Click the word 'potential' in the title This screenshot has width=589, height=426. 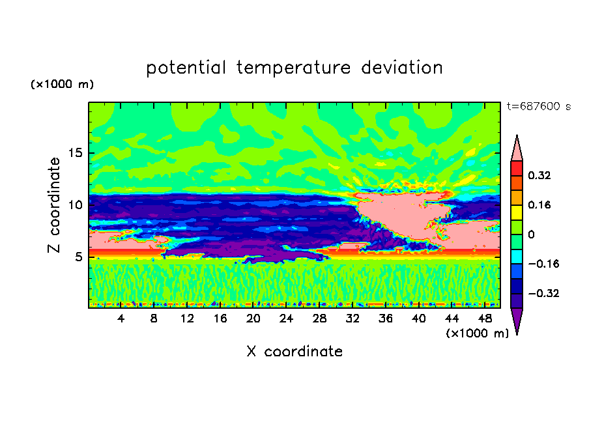tap(186, 68)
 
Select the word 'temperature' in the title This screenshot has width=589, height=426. tap(293, 68)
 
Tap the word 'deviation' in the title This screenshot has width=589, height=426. tap(402, 68)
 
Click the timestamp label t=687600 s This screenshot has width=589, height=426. tap(539, 106)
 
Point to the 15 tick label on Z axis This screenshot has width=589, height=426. tap(76, 153)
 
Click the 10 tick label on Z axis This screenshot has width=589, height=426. tap(76, 205)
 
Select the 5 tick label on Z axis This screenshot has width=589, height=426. tap(79, 257)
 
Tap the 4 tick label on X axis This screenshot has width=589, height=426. tap(121, 319)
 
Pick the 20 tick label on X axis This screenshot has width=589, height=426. tap(253, 319)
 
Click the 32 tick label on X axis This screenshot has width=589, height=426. tap(352, 319)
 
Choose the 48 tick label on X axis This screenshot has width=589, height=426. tap(485, 319)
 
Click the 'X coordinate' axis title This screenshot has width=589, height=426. tap(294, 352)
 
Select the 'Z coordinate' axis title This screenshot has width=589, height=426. tap(54, 205)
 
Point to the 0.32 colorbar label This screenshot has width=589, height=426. tap(539, 175)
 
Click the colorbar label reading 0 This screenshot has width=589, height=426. tap(531, 234)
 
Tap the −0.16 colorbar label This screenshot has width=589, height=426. tap(543, 264)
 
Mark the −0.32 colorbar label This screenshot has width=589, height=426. tap(543, 293)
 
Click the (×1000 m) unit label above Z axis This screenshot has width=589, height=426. tap(62, 84)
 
